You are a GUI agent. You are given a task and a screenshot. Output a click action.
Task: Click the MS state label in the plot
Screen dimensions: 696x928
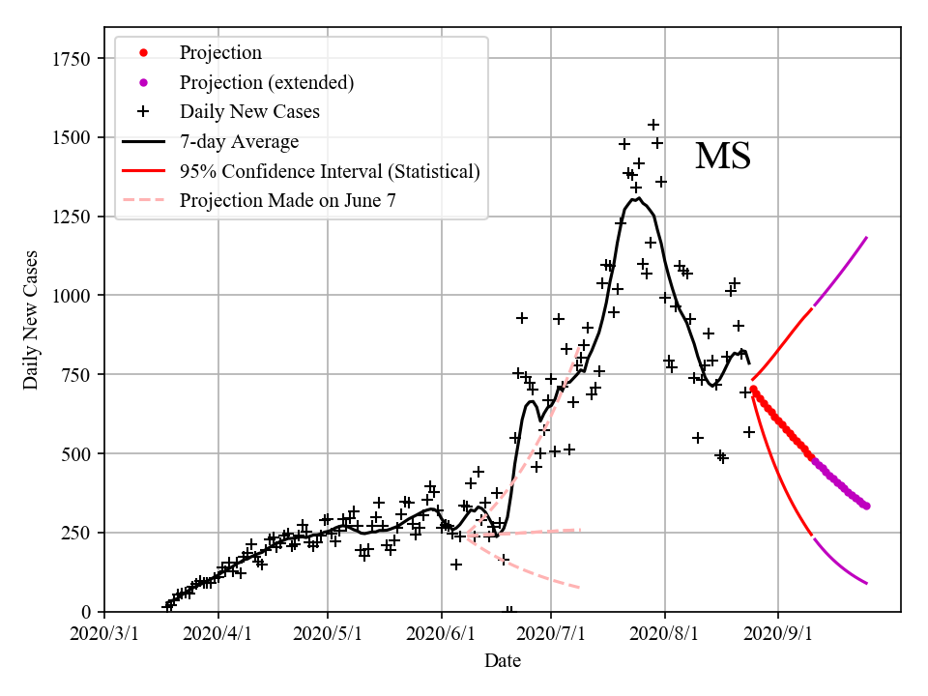pyautogui.click(x=723, y=157)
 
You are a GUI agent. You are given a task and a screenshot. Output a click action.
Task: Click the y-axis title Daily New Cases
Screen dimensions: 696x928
pyautogui.click(x=31, y=318)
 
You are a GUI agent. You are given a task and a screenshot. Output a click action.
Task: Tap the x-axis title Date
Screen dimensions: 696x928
pyautogui.click(x=503, y=661)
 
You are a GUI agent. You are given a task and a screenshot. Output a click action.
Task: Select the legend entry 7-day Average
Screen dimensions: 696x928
pyautogui.click(x=239, y=142)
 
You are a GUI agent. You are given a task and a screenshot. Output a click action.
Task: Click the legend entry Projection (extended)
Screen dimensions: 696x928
pyautogui.click(x=266, y=82)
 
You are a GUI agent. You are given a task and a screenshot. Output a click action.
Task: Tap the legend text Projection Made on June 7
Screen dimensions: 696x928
pyautogui.click(x=287, y=201)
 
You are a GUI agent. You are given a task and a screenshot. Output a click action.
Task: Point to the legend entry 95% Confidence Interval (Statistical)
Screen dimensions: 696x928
pyautogui.click(x=329, y=172)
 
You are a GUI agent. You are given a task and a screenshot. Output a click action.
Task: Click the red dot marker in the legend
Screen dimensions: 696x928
pyautogui.click(x=143, y=52)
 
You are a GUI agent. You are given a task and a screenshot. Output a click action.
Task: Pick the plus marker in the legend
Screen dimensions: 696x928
pyautogui.click(x=143, y=112)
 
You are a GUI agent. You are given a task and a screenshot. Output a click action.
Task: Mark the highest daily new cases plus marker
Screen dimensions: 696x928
pyautogui.click(x=653, y=125)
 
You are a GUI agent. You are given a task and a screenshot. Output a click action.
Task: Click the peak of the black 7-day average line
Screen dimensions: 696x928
pyautogui.click(x=638, y=198)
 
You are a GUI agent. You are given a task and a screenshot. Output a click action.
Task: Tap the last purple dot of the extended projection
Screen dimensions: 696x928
pyautogui.click(x=866, y=506)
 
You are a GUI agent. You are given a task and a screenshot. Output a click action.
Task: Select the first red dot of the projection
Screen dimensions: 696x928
pyautogui.click(x=753, y=389)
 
